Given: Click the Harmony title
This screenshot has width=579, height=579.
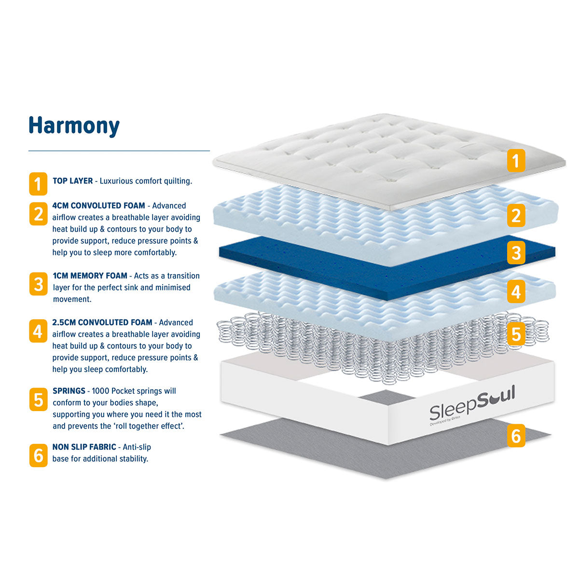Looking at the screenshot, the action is [74, 126].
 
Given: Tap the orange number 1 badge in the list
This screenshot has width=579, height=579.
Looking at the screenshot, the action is [38, 183].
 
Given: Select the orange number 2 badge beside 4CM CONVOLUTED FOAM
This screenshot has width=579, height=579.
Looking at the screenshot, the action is [39, 214].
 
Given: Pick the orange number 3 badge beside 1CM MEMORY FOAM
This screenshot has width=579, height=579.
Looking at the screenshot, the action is [39, 284].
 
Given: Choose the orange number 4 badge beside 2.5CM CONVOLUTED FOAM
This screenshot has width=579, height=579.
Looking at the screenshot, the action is [38, 331].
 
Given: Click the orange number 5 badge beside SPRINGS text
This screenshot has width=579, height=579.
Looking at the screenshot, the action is [39, 400].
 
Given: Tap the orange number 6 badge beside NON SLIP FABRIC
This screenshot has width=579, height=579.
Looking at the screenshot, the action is [39, 455].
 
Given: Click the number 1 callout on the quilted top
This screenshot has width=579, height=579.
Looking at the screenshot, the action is [516, 161].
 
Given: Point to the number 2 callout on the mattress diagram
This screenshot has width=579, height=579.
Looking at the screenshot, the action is [516, 215].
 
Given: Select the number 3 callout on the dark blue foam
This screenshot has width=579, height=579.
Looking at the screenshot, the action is [516, 252].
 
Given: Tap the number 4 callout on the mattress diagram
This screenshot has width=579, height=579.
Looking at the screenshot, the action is [516, 291].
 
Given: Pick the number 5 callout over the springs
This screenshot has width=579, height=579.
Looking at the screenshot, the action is [516, 334].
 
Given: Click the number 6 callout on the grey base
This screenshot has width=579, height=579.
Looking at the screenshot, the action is [516, 435].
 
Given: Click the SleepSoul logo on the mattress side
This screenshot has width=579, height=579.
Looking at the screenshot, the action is [472, 404].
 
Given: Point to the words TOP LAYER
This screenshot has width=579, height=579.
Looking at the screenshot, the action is [73, 181].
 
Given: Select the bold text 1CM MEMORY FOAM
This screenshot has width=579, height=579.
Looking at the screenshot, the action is [90, 276].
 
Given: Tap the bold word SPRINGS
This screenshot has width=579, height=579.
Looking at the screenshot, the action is [69, 391].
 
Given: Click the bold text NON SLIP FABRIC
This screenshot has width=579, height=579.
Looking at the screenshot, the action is [84, 447].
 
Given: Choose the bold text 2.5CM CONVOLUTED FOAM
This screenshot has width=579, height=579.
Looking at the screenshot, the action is [102, 322].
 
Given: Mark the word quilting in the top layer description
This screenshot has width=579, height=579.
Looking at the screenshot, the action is [178, 181].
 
